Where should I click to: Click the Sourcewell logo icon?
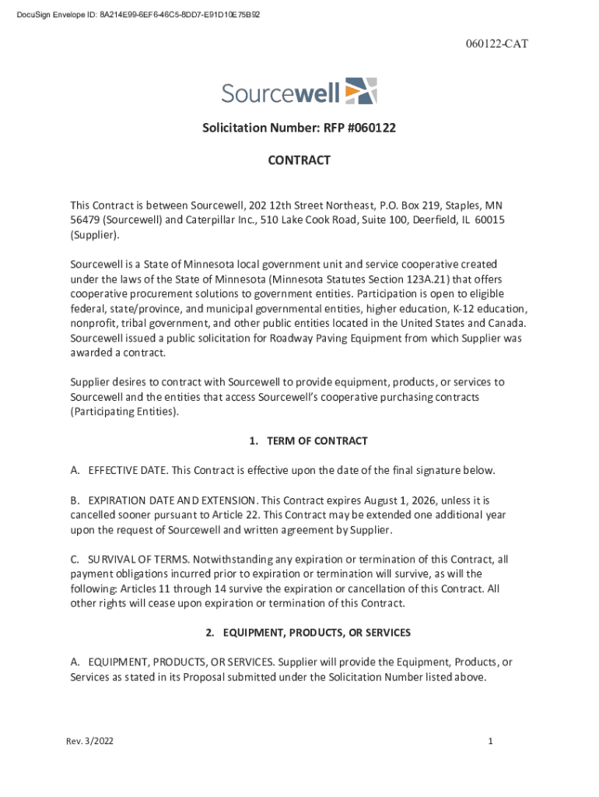pos(360,91)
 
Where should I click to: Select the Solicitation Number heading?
pos(299,128)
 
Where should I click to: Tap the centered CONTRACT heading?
pos(299,160)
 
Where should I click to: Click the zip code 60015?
pos(489,219)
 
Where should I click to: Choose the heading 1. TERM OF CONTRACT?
pos(308,441)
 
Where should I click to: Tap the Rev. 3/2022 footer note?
pos(89,742)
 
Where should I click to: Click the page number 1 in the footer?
pos(490,742)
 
